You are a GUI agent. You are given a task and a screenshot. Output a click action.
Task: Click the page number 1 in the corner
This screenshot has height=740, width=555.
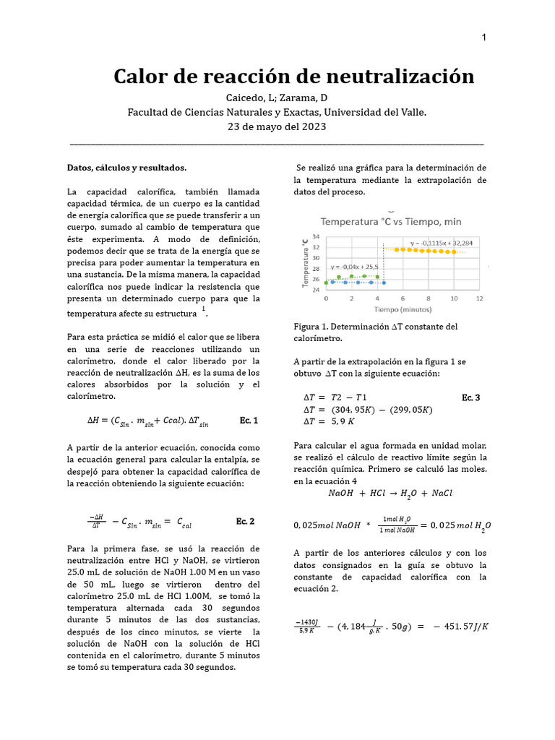click(483, 38)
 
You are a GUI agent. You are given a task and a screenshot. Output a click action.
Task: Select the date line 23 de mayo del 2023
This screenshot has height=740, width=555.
click(277, 126)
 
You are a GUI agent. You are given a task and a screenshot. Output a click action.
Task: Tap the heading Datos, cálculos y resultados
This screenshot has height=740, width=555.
click(126, 168)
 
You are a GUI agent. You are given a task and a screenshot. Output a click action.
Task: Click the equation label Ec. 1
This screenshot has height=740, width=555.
click(248, 420)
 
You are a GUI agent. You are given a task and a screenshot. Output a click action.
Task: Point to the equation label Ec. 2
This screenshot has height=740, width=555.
click(245, 521)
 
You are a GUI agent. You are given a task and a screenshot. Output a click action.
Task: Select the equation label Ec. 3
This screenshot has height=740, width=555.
click(470, 397)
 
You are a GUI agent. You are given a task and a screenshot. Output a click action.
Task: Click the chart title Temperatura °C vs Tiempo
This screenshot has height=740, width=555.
click(391, 221)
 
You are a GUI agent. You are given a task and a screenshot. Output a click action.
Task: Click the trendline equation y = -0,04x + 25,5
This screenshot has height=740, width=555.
click(356, 266)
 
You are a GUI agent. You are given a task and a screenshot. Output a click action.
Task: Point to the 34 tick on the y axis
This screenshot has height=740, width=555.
click(316, 236)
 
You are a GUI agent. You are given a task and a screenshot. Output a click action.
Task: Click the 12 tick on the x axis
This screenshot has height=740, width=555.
click(479, 298)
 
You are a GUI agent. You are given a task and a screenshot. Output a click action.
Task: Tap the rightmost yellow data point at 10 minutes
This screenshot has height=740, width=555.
click(454, 252)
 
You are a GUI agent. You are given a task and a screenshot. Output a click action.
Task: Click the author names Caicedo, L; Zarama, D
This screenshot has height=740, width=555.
click(277, 98)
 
